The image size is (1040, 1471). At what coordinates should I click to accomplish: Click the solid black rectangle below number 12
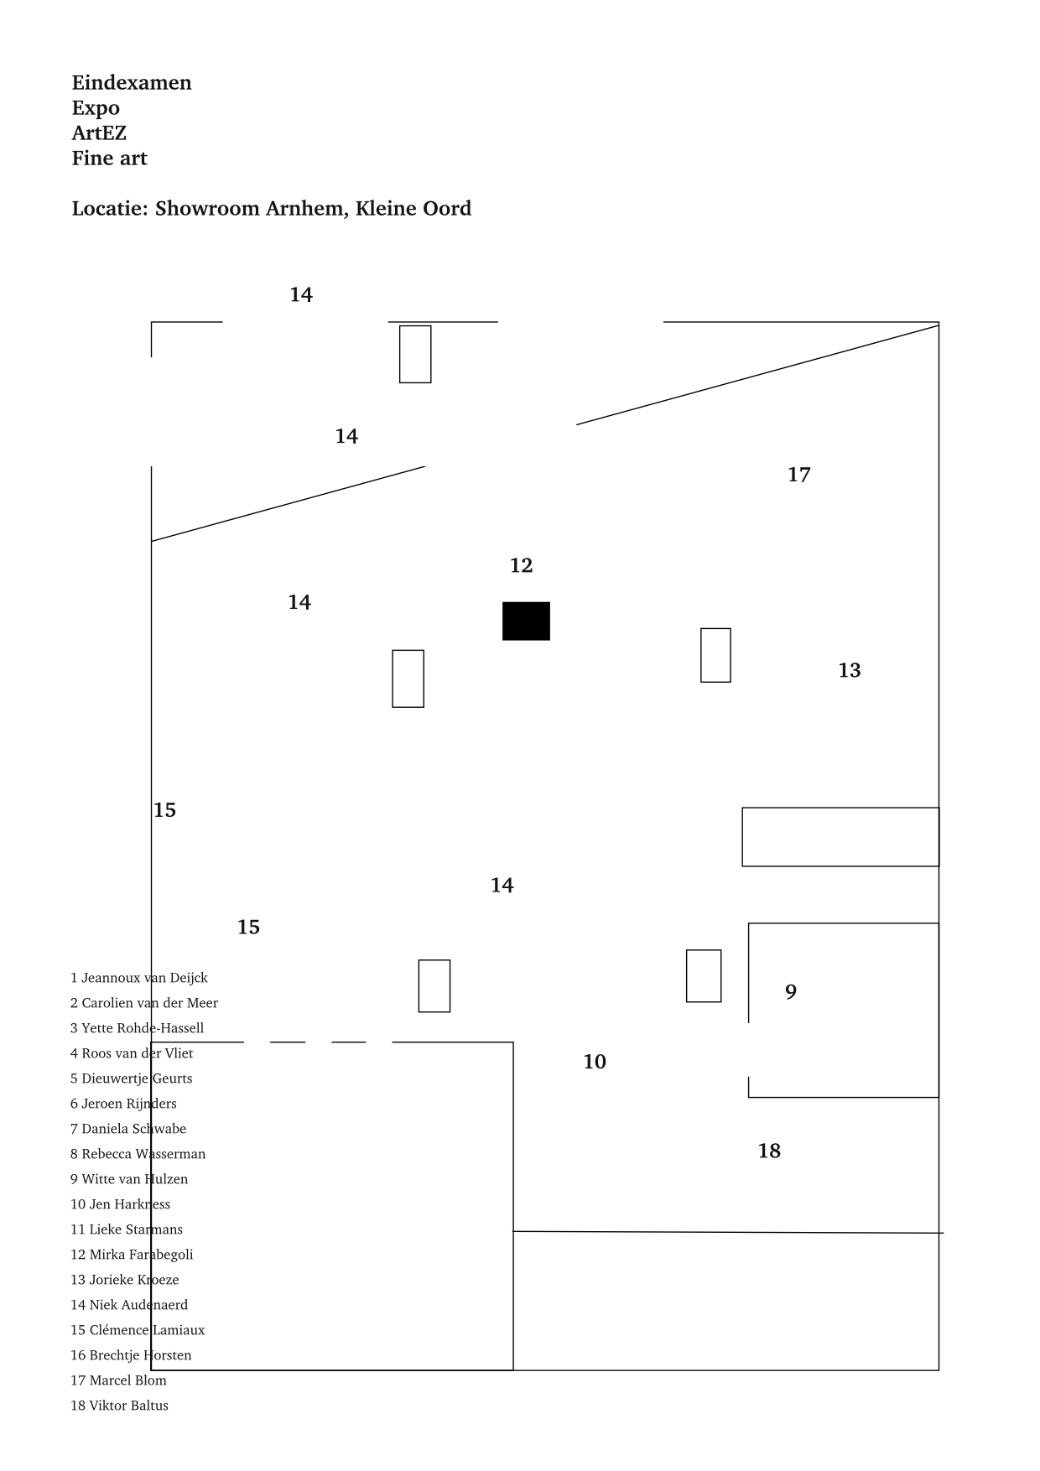pos(526,621)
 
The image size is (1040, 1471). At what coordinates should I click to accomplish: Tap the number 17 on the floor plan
pos(798,476)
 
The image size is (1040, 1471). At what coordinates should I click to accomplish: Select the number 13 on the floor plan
pos(849,671)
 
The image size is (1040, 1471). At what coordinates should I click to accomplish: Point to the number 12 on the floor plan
pos(521,566)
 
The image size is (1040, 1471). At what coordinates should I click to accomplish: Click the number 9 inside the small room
pos(790,992)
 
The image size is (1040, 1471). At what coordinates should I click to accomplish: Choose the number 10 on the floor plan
pos(594,1063)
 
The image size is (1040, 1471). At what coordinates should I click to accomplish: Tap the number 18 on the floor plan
pos(769,1151)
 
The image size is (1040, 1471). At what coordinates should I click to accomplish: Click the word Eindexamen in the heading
pos(132,83)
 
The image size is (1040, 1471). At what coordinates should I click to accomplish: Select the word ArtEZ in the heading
pos(99,133)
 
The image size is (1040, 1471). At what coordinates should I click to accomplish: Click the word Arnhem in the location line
pos(304,209)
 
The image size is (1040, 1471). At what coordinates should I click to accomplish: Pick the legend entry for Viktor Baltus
pos(119,1406)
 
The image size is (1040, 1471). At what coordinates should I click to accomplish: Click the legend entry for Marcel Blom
pos(118,1380)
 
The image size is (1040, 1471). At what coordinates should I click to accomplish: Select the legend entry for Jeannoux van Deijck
pos(138,978)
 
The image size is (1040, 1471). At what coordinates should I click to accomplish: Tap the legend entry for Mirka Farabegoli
pos(132,1255)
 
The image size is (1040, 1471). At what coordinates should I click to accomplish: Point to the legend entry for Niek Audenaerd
pos(129,1305)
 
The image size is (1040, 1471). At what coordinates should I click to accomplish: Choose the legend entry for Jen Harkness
pos(120,1204)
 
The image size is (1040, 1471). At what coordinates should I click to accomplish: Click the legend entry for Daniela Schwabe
pos(128,1129)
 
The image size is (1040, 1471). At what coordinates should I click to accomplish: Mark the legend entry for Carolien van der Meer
pos(143,1003)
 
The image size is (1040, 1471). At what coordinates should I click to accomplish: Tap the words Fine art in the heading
pos(109,159)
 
